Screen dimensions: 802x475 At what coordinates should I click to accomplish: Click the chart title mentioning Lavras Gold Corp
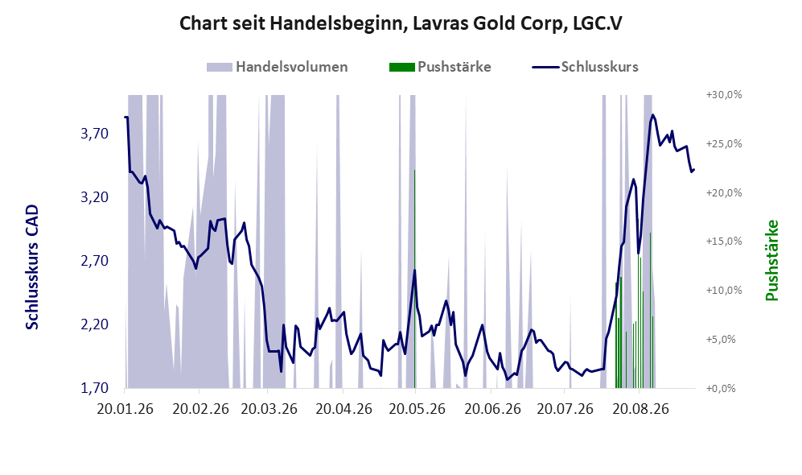tap(401, 23)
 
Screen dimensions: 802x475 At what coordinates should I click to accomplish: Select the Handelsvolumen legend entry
tap(278, 67)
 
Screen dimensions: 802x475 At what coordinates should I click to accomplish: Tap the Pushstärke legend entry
tap(440, 67)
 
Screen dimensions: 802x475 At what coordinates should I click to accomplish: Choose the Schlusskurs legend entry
tap(585, 67)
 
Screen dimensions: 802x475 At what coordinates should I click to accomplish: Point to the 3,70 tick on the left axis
tap(95, 134)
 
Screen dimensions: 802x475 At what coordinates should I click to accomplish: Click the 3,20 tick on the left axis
tap(95, 197)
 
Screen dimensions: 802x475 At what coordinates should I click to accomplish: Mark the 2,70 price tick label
tap(95, 261)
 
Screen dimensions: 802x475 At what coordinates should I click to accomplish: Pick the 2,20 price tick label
tap(95, 324)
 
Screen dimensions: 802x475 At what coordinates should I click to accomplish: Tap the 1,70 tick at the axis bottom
tap(95, 388)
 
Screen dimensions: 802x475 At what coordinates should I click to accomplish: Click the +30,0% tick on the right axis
tap(724, 95)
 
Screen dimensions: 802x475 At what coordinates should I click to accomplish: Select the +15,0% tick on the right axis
tap(724, 241)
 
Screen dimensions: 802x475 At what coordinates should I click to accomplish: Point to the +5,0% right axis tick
tap(721, 340)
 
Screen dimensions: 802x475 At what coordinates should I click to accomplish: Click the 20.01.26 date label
tap(125, 410)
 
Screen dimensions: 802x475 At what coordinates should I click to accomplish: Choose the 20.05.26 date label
tap(417, 410)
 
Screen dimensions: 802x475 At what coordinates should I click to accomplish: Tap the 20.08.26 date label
tap(641, 410)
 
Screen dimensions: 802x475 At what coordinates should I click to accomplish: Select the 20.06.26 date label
tap(492, 410)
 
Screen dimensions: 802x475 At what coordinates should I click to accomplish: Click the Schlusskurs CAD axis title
tap(32, 267)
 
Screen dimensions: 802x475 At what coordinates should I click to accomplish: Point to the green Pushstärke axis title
tap(772, 261)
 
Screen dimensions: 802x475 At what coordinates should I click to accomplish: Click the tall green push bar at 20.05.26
tap(415, 279)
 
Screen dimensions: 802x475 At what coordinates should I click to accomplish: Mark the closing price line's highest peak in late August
tap(652, 115)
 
